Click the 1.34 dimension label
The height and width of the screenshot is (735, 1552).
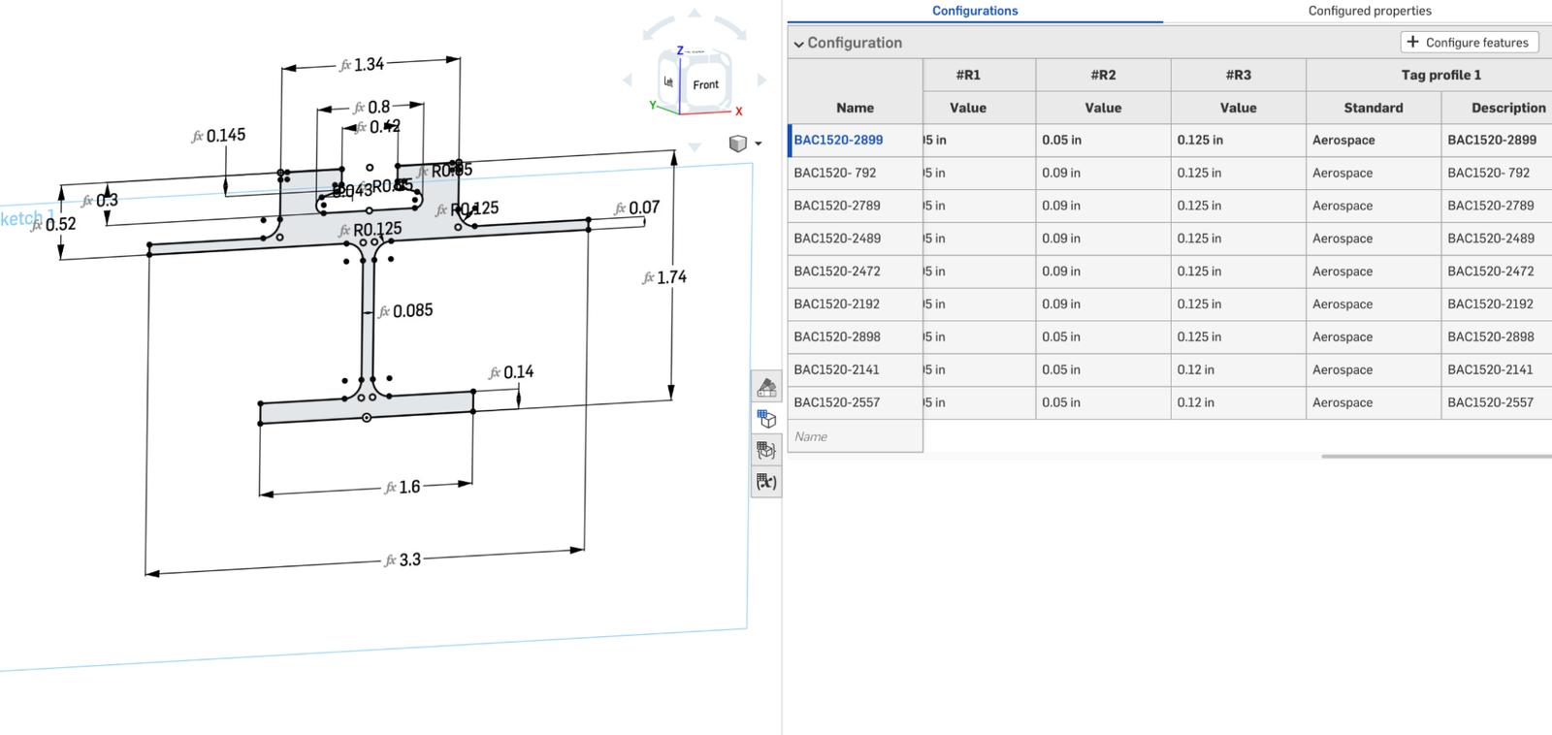[x=369, y=65]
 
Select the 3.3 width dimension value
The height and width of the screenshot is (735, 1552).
[x=409, y=560]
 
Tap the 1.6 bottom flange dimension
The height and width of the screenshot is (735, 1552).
[x=409, y=487]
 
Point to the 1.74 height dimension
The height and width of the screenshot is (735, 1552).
[x=671, y=277]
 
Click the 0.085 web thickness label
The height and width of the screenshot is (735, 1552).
[x=412, y=311]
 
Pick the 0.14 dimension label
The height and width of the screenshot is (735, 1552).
[x=518, y=372]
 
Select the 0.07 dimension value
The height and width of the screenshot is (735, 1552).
[x=643, y=208]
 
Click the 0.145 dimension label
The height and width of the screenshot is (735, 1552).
[x=225, y=136]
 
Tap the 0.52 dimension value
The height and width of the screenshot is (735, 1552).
[x=60, y=224]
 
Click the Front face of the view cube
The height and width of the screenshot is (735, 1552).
[x=705, y=85]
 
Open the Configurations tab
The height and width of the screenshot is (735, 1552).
[x=974, y=11]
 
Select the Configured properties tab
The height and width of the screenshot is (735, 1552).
[x=1369, y=11]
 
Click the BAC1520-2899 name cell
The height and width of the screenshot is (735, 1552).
[x=838, y=140]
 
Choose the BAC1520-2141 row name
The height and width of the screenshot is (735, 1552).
[x=836, y=369]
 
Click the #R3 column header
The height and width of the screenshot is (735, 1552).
[x=1238, y=75]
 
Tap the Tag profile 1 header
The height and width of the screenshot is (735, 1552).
[x=1440, y=75]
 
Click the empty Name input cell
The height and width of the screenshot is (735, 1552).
[x=854, y=436]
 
